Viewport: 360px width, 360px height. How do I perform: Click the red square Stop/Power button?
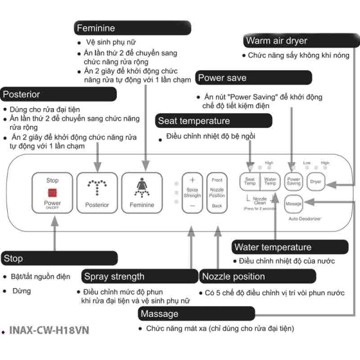click(x=53, y=193)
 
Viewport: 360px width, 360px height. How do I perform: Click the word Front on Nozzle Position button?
click(x=217, y=179)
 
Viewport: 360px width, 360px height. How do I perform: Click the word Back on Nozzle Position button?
click(x=217, y=205)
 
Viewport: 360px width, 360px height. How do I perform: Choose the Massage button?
click(x=293, y=204)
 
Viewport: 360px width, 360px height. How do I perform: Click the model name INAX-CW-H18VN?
click(x=50, y=331)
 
